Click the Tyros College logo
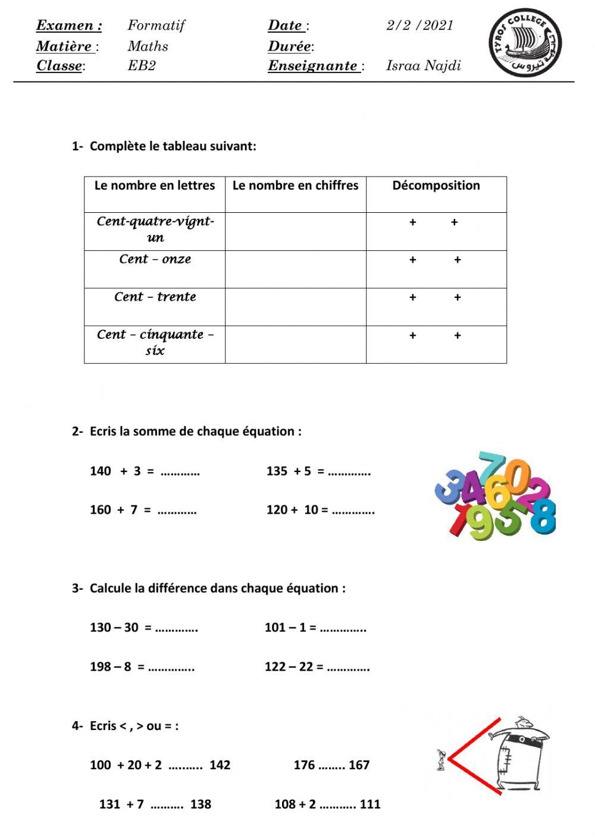coord(525,43)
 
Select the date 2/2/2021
coord(419,26)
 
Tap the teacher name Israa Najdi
coord(423,65)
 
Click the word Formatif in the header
coord(156,26)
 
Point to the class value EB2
coord(142,65)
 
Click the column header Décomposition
coord(436,185)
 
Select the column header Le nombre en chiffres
coord(295,185)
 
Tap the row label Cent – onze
coord(155,259)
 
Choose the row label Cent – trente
coord(155,297)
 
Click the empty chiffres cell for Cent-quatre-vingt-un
coord(295,231)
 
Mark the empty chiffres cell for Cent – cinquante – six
coord(295,344)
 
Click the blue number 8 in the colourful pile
coord(542,515)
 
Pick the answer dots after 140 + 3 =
coord(180,472)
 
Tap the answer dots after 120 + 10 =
coord(353,510)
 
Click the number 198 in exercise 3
coord(100,667)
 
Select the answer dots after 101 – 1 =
coord(343,628)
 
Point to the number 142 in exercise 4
coord(220,765)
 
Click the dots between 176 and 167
coord(331,766)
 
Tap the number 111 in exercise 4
coord(369,804)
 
